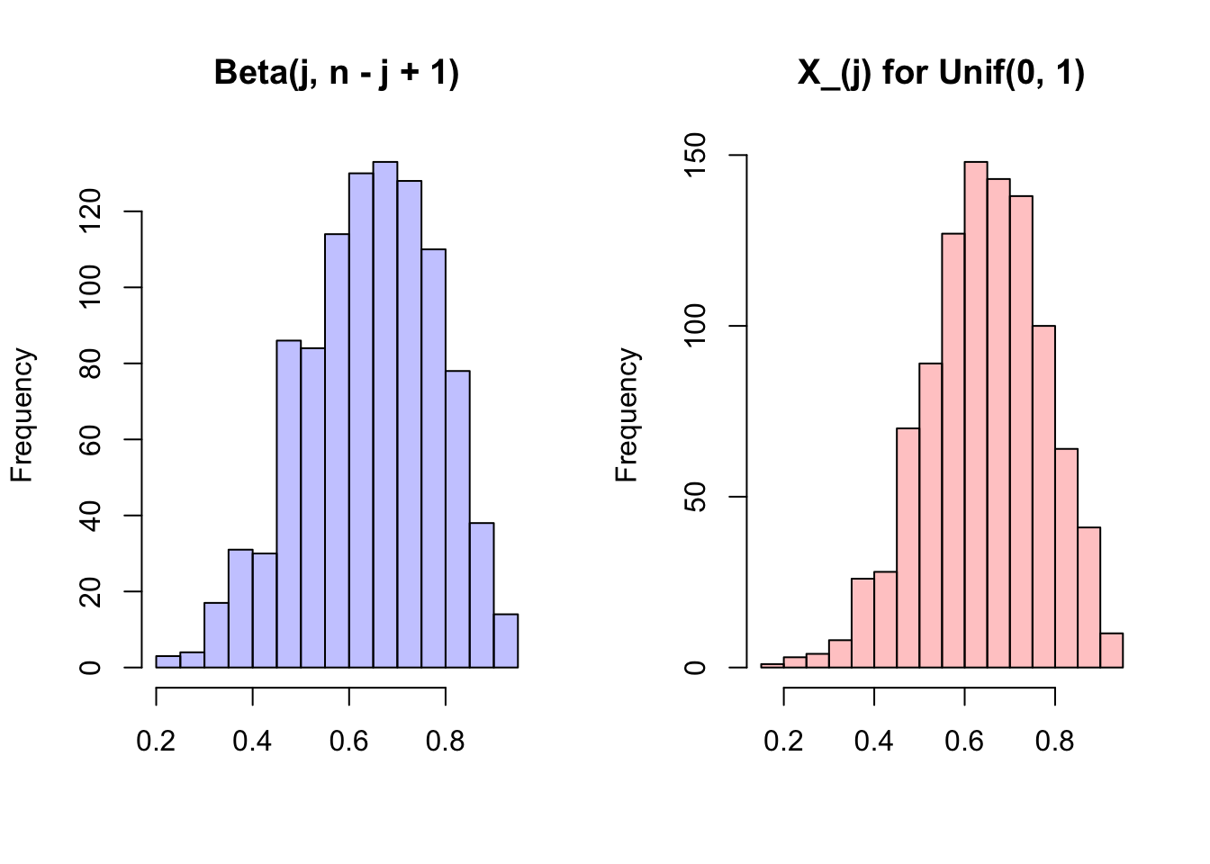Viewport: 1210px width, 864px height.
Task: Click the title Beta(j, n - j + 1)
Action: click(x=337, y=72)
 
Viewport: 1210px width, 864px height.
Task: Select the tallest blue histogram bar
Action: click(x=385, y=414)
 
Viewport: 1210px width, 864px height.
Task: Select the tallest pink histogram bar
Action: click(x=976, y=414)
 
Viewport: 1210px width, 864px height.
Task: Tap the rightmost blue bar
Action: click(x=506, y=641)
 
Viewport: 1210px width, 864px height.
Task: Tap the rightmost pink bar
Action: click(x=1112, y=651)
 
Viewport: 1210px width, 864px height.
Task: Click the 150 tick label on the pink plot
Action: click(x=696, y=155)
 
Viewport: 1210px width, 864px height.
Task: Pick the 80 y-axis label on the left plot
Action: click(x=91, y=364)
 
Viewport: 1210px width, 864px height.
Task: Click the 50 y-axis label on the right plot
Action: click(x=696, y=497)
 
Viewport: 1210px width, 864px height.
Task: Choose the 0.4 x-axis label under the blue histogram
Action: click(x=252, y=741)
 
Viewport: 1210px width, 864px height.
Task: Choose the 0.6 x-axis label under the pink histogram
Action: click(x=964, y=741)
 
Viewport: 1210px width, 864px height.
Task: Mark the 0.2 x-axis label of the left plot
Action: click(x=156, y=741)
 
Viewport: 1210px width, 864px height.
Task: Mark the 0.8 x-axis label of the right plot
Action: click(x=1054, y=741)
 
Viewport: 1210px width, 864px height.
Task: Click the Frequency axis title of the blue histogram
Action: click(x=22, y=415)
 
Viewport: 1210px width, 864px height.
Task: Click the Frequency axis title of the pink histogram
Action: click(x=627, y=415)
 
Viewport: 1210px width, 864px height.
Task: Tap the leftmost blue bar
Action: click(x=167, y=661)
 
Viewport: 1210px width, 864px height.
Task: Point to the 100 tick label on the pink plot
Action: click(x=696, y=326)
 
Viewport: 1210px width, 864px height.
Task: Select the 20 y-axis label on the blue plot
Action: click(x=91, y=591)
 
